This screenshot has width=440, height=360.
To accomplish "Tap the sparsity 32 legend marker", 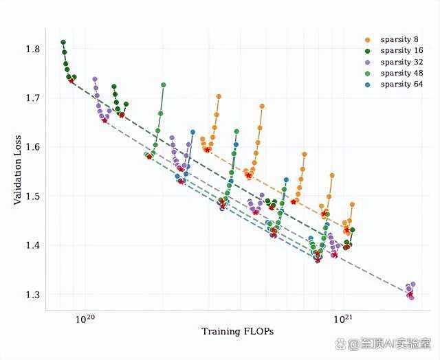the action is coord(368,63).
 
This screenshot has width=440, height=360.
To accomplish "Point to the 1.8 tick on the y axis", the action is coord(32,49).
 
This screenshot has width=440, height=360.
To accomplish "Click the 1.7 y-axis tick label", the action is coord(32,98).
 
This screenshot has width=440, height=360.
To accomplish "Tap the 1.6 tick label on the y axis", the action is coord(32,148).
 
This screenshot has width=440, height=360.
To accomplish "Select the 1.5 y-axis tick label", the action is coord(32,196).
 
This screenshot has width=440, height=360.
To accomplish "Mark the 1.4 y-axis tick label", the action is coord(32,245).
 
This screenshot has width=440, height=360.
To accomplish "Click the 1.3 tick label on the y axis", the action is coord(32,295).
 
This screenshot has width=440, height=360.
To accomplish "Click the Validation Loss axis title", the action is coord(17,170).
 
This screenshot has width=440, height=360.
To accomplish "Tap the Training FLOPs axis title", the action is coord(238,331).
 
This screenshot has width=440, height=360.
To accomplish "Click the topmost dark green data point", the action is coord(63,43).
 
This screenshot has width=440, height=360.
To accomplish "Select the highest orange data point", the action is coord(219,97).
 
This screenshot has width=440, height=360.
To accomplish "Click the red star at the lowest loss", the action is coord(410,294).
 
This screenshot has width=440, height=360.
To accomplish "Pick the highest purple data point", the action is coord(95,79).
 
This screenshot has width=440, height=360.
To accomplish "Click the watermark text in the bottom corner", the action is coord(384,344).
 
